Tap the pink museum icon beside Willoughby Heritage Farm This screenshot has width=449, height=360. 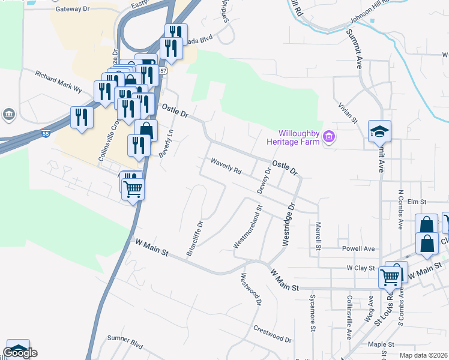pyautogui.click(x=328, y=137)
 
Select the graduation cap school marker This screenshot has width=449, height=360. pyautogui.click(x=379, y=131)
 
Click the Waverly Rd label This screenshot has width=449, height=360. pyautogui.click(x=226, y=166)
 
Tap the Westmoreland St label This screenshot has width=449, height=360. pyautogui.click(x=248, y=229)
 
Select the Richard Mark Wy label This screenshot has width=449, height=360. pyautogui.click(x=58, y=82)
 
